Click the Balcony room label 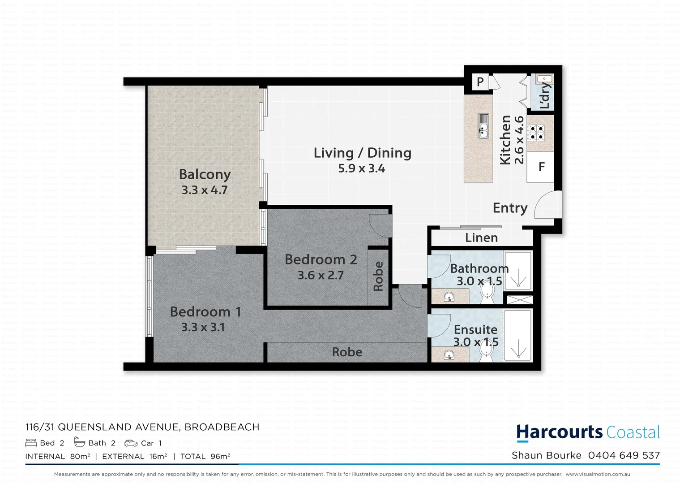(205, 174)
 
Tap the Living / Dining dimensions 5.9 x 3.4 (361, 169)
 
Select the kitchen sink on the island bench (483, 126)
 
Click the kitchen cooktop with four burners (536, 133)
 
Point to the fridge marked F (541, 167)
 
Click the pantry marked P (480, 82)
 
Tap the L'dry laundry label (544, 95)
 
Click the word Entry (510, 208)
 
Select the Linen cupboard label (481, 238)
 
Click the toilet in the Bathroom (486, 294)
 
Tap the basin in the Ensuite (449, 356)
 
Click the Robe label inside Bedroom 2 (378, 276)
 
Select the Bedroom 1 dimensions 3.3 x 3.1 (203, 327)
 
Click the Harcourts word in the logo (560, 432)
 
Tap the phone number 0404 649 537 (624, 455)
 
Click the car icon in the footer (131, 443)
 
